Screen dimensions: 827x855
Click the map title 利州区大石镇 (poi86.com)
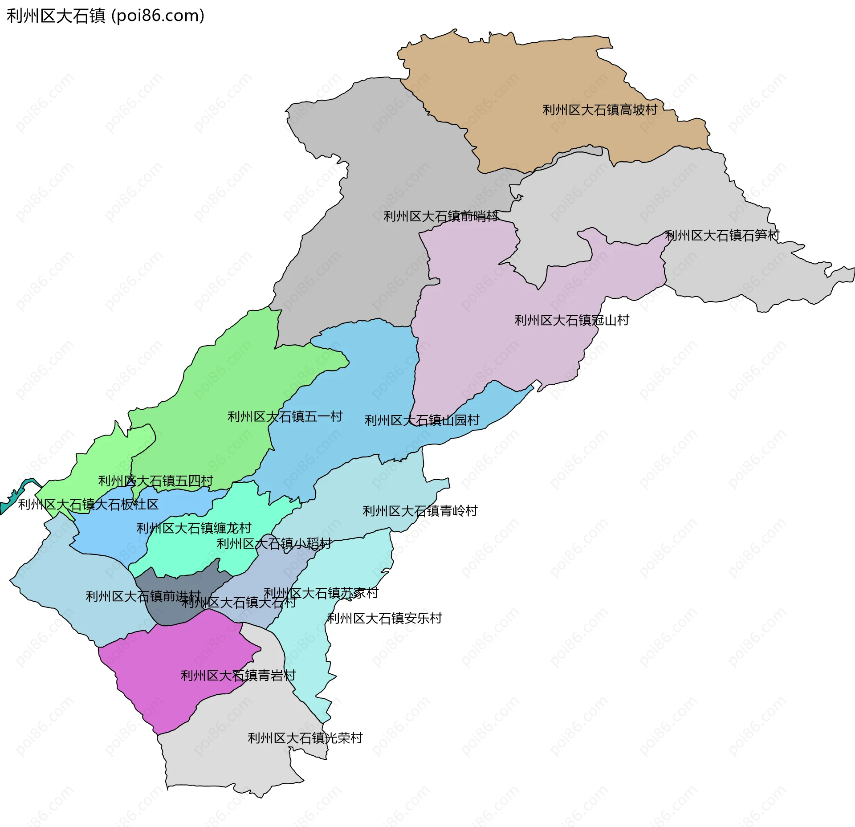pyautogui.click(x=106, y=16)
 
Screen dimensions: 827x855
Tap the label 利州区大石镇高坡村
pyautogui.click(x=599, y=110)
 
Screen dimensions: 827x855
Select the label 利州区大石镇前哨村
pyautogui.click(x=440, y=216)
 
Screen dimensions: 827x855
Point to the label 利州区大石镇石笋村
pyautogui.click(x=722, y=235)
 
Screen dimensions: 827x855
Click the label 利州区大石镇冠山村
pyautogui.click(x=571, y=320)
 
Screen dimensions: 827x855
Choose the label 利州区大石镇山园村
pyautogui.click(x=422, y=420)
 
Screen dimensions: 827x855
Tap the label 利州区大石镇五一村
pyautogui.click(x=285, y=416)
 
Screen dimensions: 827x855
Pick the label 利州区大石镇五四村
pyautogui.click(x=155, y=481)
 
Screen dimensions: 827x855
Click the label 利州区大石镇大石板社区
pyautogui.click(x=88, y=505)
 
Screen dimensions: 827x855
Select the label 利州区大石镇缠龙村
pyautogui.click(x=194, y=528)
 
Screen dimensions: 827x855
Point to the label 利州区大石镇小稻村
pyautogui.click(x=274, y=544)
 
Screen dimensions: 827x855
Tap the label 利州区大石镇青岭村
pyautogui.click(x=419, y=511)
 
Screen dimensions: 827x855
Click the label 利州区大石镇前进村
pyautogui.click(x=143, y=596)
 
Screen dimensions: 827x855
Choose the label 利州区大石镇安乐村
pyautogui.click(x=384, y=618)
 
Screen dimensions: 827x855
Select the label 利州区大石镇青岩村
pyautogui.click(x=238, y=676)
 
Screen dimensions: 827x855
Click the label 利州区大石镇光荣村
pyautogui.click(x=305, y=738)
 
